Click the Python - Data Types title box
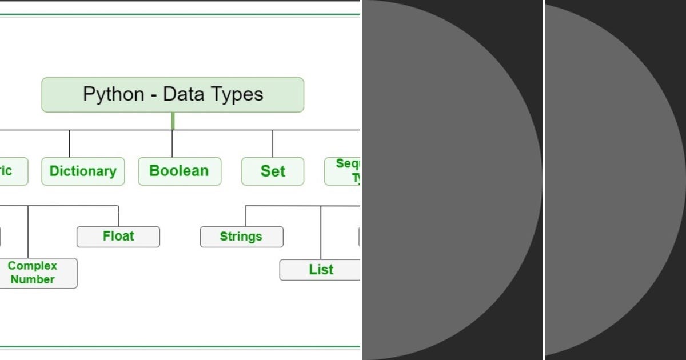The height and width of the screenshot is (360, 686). point(173,95)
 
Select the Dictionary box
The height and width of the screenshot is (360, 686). point(83,171)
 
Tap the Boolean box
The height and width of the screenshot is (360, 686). point(180,171)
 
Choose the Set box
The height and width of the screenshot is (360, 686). point(273,171)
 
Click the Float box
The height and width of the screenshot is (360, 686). point(118,237)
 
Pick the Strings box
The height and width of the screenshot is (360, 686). point(241,237)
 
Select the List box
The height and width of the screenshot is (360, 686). point(320,270)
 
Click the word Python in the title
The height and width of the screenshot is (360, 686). point(113,94)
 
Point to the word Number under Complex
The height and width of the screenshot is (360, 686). point(33,279)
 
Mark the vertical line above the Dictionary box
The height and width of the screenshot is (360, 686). point(70,143)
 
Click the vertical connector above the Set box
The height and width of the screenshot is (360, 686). point(272,143)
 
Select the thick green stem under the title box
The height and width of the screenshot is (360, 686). point(173,121)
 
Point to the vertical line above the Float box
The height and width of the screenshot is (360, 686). point(118,216)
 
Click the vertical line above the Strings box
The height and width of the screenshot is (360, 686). point(246,216)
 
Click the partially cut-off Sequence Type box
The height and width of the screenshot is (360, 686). point(343,171)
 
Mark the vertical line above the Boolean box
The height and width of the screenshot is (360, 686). point(172,144)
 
